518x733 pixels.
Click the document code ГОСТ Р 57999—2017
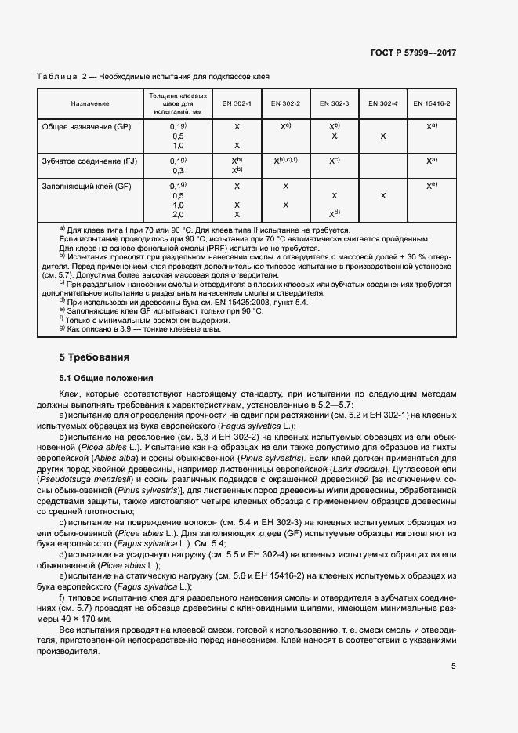413,53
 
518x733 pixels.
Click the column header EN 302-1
237,103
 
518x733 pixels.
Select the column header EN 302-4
383,103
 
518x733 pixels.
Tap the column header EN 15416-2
432,103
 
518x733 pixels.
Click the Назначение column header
90,103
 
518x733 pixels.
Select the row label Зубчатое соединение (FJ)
89,161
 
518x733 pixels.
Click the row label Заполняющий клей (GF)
86,187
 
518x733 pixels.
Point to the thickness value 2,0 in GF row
178,214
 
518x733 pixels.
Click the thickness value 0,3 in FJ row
178,170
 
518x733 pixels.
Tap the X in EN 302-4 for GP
383,136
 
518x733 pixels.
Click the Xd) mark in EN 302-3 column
335,214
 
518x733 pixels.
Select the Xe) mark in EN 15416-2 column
432,187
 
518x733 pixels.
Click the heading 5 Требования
95,357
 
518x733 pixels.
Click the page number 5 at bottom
454,666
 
